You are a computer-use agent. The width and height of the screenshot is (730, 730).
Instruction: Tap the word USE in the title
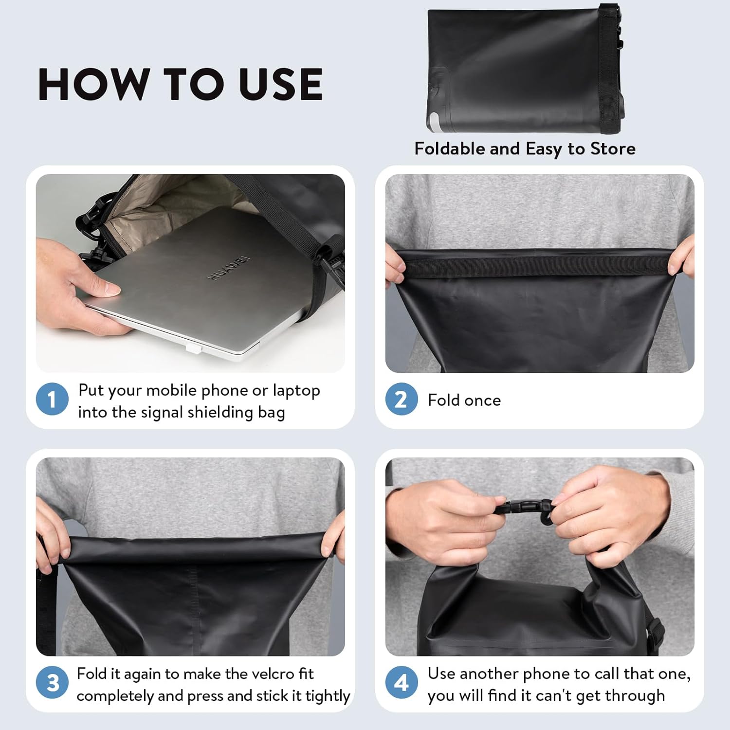click(x=281, y=84)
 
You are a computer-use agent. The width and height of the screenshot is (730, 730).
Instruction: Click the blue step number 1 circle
click(x=52, y=400)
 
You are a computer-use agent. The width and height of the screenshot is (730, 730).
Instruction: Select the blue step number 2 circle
click(x=401, y=400)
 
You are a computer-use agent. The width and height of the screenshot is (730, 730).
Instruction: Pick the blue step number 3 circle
click(x=52, y=682)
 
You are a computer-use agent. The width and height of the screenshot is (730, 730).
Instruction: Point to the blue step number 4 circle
click(x=401, y=682)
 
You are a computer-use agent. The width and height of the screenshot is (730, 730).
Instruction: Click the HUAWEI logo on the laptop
click(x=229, y=268)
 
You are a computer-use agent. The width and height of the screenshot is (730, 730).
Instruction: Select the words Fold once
click(x=464, y=400)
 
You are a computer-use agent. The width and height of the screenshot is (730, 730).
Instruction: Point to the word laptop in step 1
click(x=296, y=391)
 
